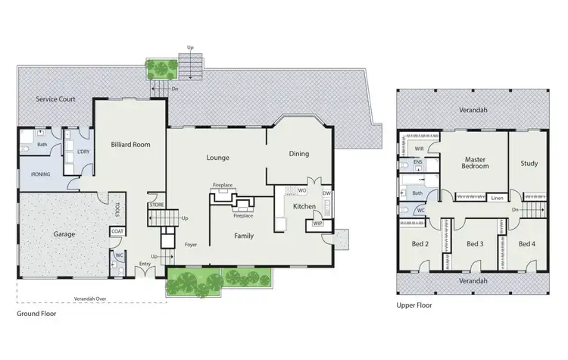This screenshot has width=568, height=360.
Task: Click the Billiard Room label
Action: pyautogui.click(x=130, y=144)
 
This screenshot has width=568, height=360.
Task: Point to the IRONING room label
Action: pyautogui.click(x=41, y=174)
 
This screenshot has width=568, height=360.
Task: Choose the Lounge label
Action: pyautogui.click(x=218, y=158)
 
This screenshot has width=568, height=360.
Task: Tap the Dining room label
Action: pyautogui.click(x=298, y=154)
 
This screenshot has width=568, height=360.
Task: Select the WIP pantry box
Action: pyautogui.click(x=317, y=224)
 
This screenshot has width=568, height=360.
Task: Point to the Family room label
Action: pyautogui.click(x=243, y=236)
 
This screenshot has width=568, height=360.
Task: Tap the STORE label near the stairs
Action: pyautogui.click(x=157, y=204)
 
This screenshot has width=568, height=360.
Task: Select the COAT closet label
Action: pyautogui.click(x=117, y=232)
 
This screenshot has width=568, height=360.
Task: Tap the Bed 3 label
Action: pyautogui.click(x=475, y=244)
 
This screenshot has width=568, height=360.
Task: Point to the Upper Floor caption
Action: pyautogui.click(x=414, y=305)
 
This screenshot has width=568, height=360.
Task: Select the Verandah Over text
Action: pyautogui.click(x=91, y=298)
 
